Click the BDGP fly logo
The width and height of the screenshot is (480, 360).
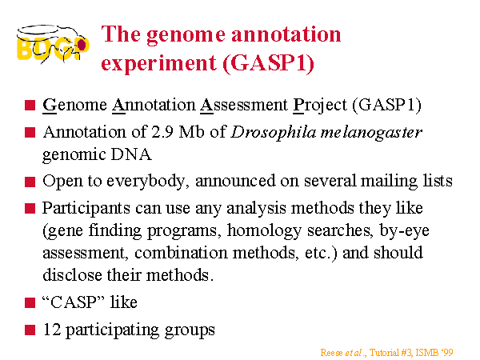click(x=53, y=44)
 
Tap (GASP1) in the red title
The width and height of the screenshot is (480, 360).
click(x=269, y=63)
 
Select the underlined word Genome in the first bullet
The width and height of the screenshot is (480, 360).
click(x=74, y=106)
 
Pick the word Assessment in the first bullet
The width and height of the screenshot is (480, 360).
click(x=244, y=105)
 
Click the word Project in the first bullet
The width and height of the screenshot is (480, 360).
click(x=320, y=106)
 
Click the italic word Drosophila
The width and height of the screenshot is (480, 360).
click(x=274, y=133)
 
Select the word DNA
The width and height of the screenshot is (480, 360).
click(x=131, y=154)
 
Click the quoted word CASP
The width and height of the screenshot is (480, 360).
click(x=73, y=302)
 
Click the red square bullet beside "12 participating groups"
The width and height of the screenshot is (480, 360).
click(x=30, y=330)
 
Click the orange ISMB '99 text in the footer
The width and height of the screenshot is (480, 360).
click(x=434, y=353)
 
